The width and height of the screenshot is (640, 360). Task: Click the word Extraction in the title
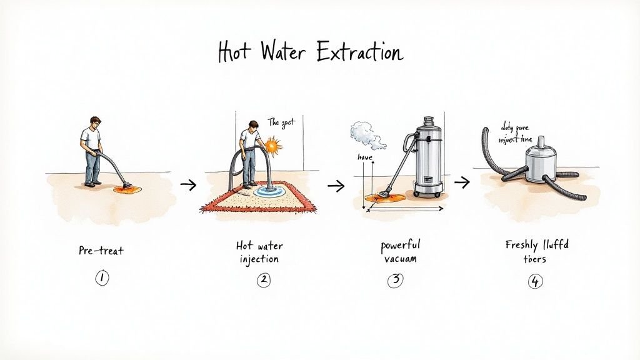[x=359, y=53]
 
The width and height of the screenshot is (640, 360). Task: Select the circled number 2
[x=262, y=280]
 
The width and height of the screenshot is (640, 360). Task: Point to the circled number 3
[x=395, y=280]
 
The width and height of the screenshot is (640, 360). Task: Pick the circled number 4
[x=534, y=281]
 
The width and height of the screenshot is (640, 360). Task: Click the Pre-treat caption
[x=101, y=251]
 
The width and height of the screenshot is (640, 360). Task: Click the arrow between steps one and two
[x=187, y=184]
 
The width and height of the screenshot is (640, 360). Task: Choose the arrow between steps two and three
[x=336, y=185]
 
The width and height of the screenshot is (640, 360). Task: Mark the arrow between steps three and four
[x=462, y=182]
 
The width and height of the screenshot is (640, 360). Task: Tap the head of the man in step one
[x=96, y=122]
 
